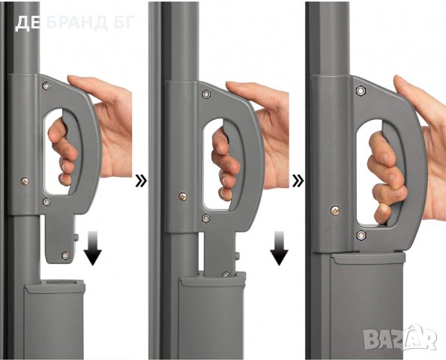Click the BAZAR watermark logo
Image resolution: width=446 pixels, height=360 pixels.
pos(400,337)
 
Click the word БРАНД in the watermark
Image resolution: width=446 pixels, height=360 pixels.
pos(76,22)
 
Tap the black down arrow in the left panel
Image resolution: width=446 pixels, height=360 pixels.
pos(93,248)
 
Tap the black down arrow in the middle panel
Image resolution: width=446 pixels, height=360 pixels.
pos(279,248)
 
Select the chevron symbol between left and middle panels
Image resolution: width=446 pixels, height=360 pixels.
pos(141,181)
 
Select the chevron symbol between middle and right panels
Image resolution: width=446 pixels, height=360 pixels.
pos(298,181)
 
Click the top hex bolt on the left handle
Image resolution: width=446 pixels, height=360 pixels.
pos(46,85)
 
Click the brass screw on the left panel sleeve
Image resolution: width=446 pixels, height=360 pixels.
pos(25,181)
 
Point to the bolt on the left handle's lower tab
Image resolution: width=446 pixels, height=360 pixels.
pos(66,255)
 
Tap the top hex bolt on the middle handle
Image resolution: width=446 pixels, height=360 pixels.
pos(206,94)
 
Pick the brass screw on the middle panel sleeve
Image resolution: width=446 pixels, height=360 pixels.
pos(183,196)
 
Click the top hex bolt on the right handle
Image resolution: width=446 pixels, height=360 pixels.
pos(361,91)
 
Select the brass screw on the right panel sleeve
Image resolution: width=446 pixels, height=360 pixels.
pos(336,211)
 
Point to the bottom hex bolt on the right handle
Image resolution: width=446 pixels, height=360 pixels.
pos(361,235)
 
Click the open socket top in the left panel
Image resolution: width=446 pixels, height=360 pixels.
pos(59,282)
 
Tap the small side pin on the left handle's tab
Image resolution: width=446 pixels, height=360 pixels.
pos(76,237)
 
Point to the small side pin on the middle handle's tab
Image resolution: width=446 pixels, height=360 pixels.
pos(238,256)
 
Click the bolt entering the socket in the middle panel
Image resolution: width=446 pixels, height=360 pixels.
pos(226,274)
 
